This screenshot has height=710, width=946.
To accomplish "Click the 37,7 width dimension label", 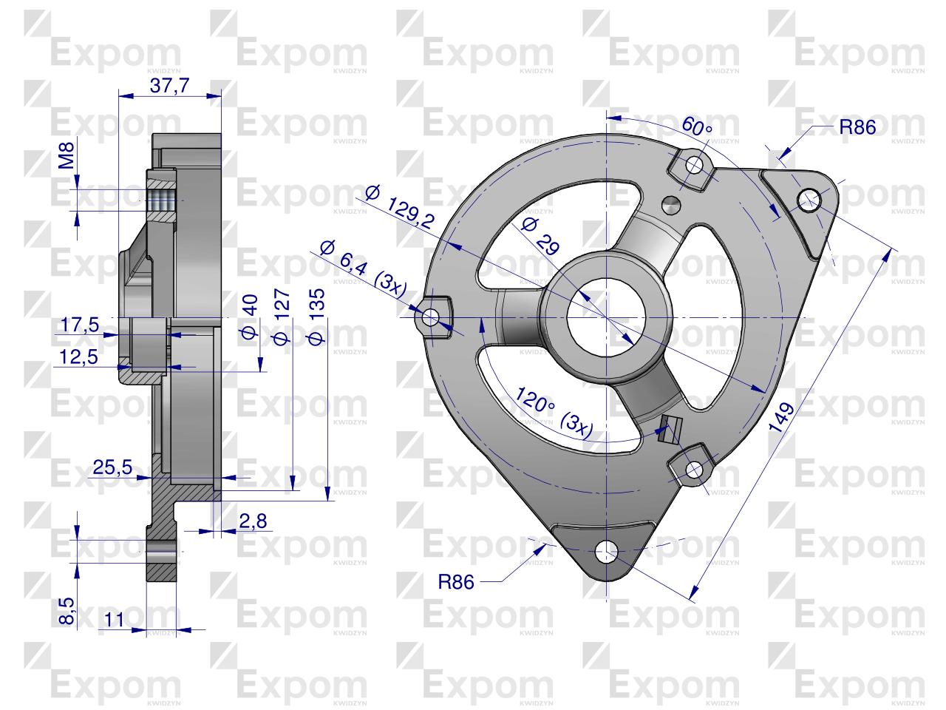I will (170, 85).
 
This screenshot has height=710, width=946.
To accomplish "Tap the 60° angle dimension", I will (696, 126).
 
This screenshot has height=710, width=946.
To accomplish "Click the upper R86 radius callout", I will (857, 127).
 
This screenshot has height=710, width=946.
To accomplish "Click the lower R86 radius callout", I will (455, 581).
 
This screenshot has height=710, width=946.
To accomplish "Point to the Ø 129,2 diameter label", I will (400, 206).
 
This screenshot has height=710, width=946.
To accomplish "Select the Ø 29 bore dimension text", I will (540, 237).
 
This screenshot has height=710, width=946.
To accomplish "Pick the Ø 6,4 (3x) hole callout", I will (363, 267).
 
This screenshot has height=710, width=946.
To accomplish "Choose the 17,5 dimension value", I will (80, 325).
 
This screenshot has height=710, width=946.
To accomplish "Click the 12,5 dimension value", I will (80, 356).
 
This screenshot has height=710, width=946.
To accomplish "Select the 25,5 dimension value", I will (112, 467).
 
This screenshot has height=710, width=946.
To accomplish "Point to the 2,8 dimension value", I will (253, 521).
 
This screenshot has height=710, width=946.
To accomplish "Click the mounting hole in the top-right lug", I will (809, 197).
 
